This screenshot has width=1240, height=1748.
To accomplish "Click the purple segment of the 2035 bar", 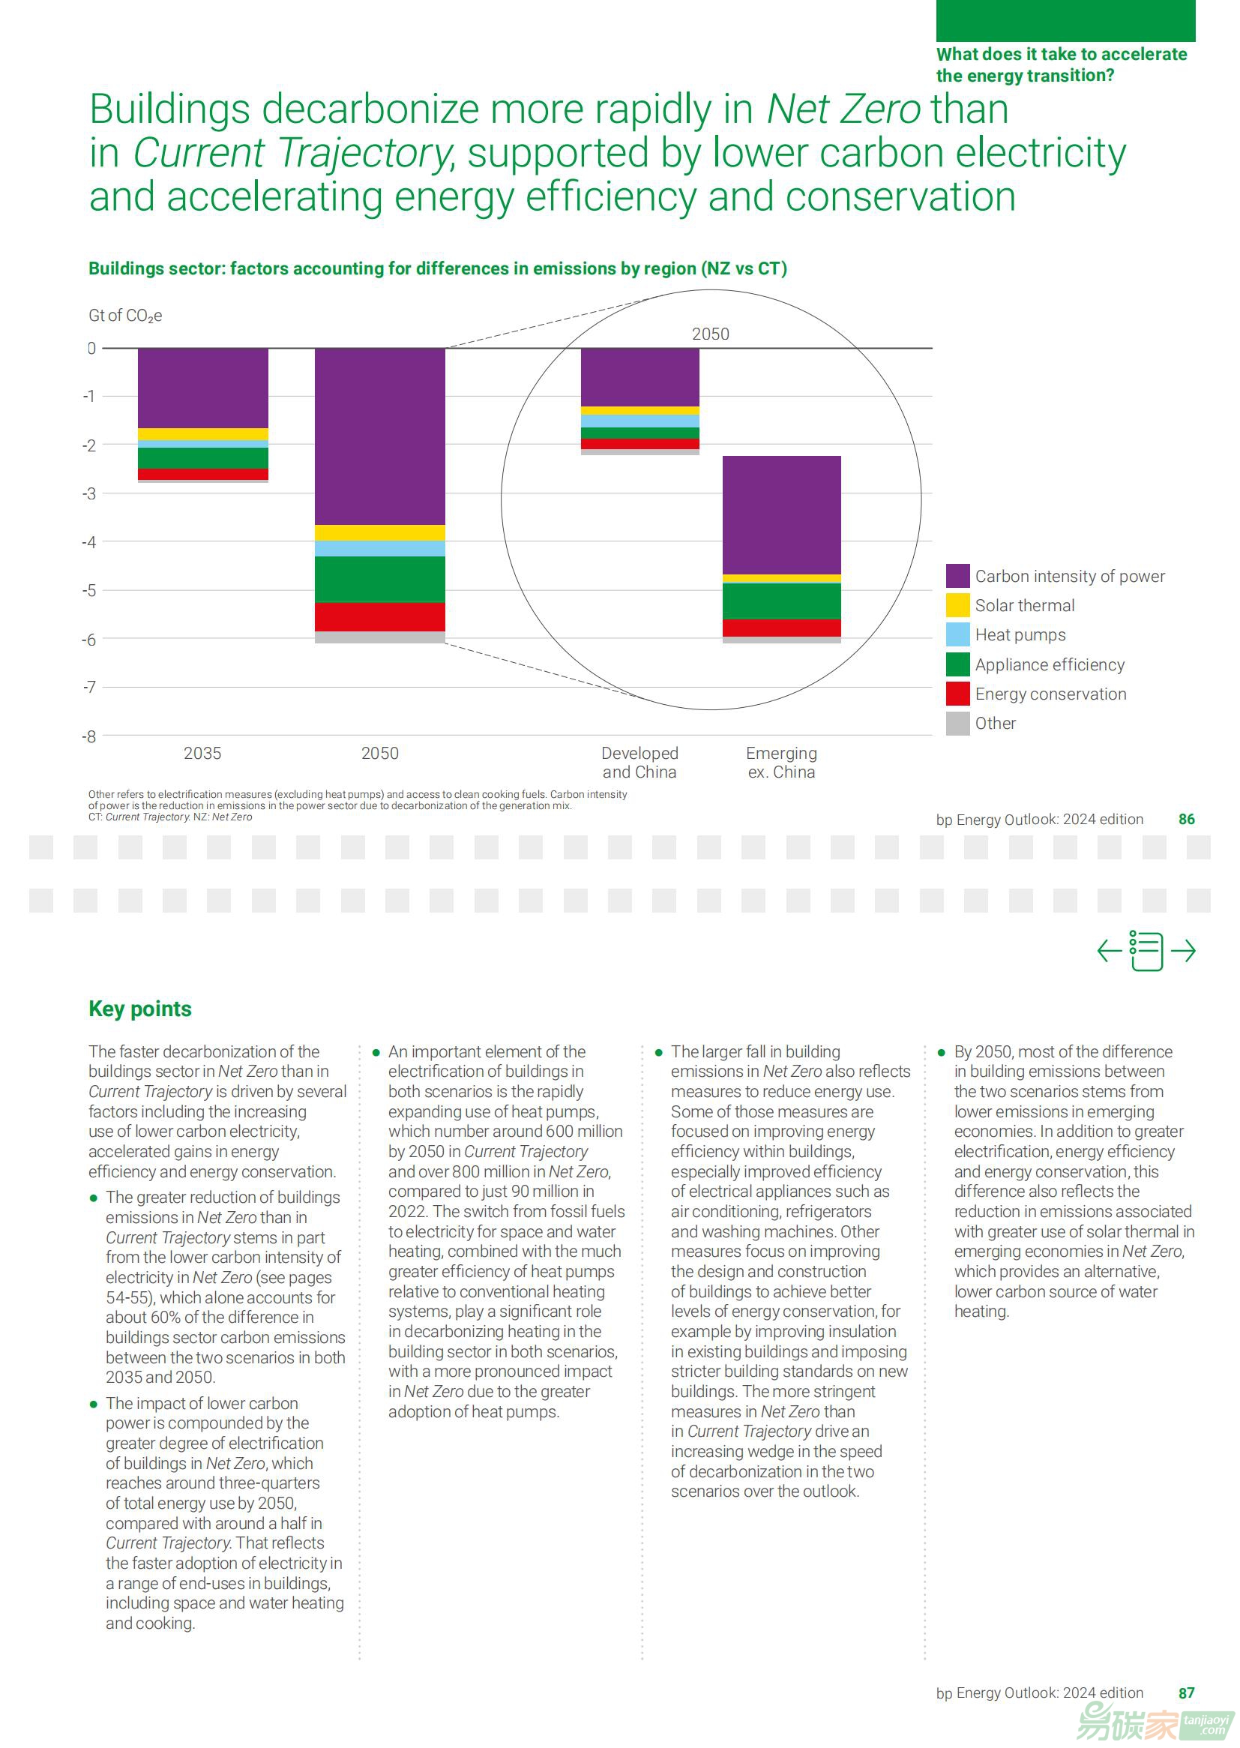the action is coord(202,388).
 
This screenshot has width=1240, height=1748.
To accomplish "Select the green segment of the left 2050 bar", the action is coord(379,579).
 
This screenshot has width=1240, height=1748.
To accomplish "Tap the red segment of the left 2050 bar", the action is coord(379,616).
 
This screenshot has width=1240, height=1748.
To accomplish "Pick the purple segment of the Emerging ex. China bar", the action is coord(781,514).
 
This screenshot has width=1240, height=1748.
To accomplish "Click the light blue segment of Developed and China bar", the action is coord(639,421).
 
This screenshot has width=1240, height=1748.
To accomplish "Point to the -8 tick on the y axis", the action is coord(89,736).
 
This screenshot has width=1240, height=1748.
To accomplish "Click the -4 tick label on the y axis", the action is coord(89,542).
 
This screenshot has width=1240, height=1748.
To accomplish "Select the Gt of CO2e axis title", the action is coord(125,316).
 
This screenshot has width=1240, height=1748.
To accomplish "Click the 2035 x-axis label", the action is coord(202,753).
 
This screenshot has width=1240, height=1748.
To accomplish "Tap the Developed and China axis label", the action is coord(639,762).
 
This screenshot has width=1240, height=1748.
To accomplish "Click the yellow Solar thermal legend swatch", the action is coord(957,605).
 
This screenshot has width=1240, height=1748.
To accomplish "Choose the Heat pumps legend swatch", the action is coord(957,634).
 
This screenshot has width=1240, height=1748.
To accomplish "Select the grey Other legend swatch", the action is coord(957,723).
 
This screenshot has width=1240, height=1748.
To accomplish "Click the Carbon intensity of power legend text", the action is coord(1070,576).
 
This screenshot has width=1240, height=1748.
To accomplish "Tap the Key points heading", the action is coord(139,1009).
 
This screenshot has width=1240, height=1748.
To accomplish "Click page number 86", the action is coord(1187,819).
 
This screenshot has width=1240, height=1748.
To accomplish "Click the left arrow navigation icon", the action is coord(1110,951).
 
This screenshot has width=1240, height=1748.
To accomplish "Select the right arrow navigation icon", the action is coord(1183,951).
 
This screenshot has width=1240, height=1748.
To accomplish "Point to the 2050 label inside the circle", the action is coord(710,334).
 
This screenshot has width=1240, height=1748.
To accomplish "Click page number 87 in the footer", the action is coord(1187,1693).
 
